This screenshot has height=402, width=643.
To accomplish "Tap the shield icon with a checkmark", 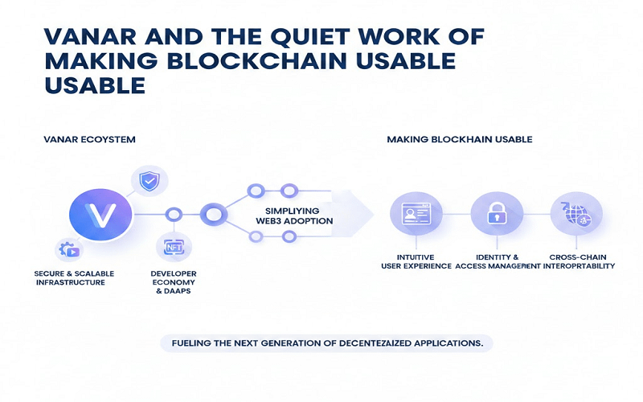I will click(x=149, y=183).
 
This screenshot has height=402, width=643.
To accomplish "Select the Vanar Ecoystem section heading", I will click(x=89, y=139).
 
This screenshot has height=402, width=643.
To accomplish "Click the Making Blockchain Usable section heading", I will click(x=459, y=139).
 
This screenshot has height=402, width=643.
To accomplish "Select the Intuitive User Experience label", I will click(x=415, y=260).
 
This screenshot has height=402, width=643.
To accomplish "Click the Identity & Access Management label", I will click(x=492, y=260).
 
